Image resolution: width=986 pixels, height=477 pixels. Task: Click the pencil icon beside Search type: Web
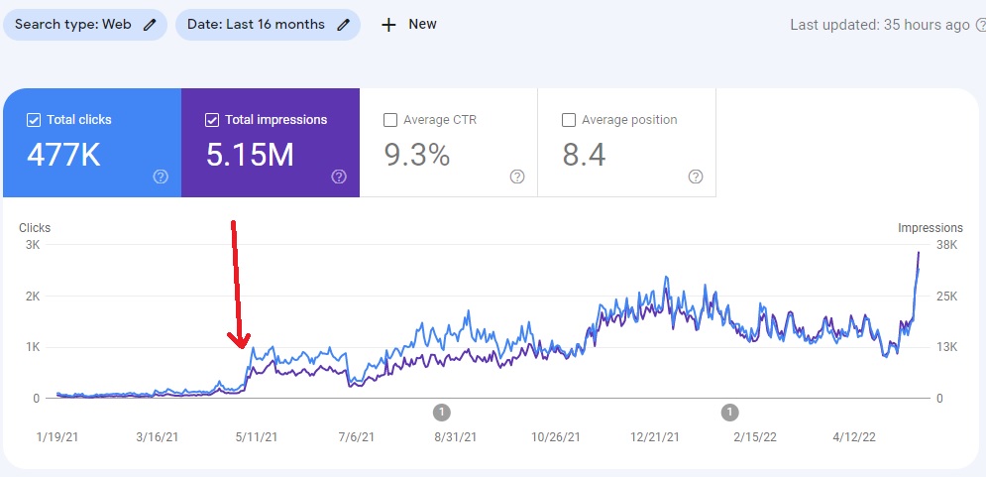tap(149, 25)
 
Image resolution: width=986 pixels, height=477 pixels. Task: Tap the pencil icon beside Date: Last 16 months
tap(343, 25)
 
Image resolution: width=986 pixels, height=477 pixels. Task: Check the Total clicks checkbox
tap(34, 120)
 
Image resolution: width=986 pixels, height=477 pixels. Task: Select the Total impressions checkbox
tap(212, 120)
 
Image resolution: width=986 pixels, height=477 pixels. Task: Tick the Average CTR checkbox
tap(389, 120)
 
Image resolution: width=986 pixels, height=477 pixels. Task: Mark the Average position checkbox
tap(569, 120)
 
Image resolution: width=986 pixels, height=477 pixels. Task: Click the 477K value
tap(63, 155)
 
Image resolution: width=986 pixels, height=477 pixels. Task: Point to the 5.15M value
tap(250, 155)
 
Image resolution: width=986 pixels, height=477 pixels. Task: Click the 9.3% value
tap(417, 155)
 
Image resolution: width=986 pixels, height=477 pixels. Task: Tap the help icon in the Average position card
tap(696, 177)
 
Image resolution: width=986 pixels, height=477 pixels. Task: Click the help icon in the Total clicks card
tap(161, 177)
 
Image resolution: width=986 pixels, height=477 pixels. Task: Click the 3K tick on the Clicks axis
tap(33, 245)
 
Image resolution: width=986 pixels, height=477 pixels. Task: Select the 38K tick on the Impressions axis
tap(946, 245)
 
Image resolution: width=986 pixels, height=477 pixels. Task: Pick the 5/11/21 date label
tap(255, 436)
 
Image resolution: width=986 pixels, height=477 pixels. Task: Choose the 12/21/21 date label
tap(654, 436)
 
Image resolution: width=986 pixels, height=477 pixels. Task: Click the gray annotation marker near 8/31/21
tap(442, 413)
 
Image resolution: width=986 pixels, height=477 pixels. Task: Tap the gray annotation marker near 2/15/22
tap(729, 413)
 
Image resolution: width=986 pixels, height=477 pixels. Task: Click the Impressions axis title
tap(931, 228)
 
